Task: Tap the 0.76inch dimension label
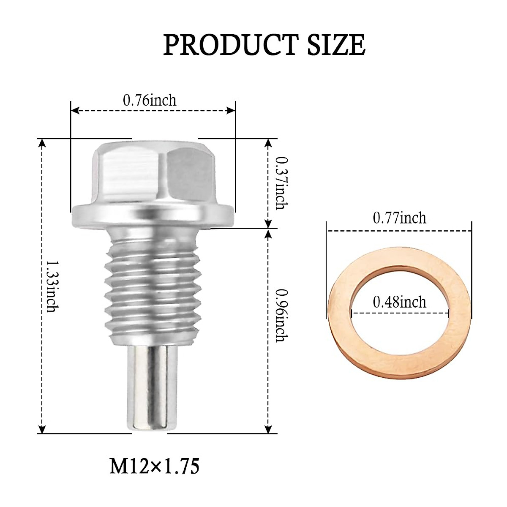(x=150, y=100)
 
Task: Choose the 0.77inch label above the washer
(x=399, y=218)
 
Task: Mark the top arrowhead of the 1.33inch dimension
(x=41, y=143)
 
